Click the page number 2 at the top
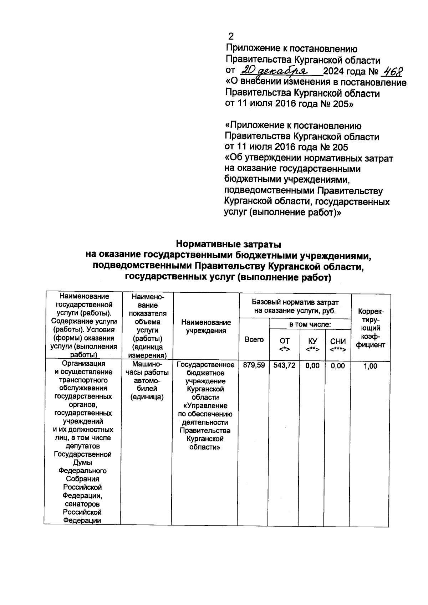231,36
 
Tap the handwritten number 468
392,71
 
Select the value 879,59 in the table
254,365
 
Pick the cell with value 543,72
284,365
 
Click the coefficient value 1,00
370,366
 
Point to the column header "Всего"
254,340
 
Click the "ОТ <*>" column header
285,345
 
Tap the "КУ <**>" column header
313,345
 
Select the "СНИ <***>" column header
338,345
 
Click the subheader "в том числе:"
310,324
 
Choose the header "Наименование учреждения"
206,326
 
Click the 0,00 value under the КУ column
312,366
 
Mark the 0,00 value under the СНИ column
338,366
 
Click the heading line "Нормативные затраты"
229,245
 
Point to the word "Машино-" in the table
147,364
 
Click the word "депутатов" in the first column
82,446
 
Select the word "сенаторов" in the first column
82,504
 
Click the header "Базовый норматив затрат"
295,302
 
